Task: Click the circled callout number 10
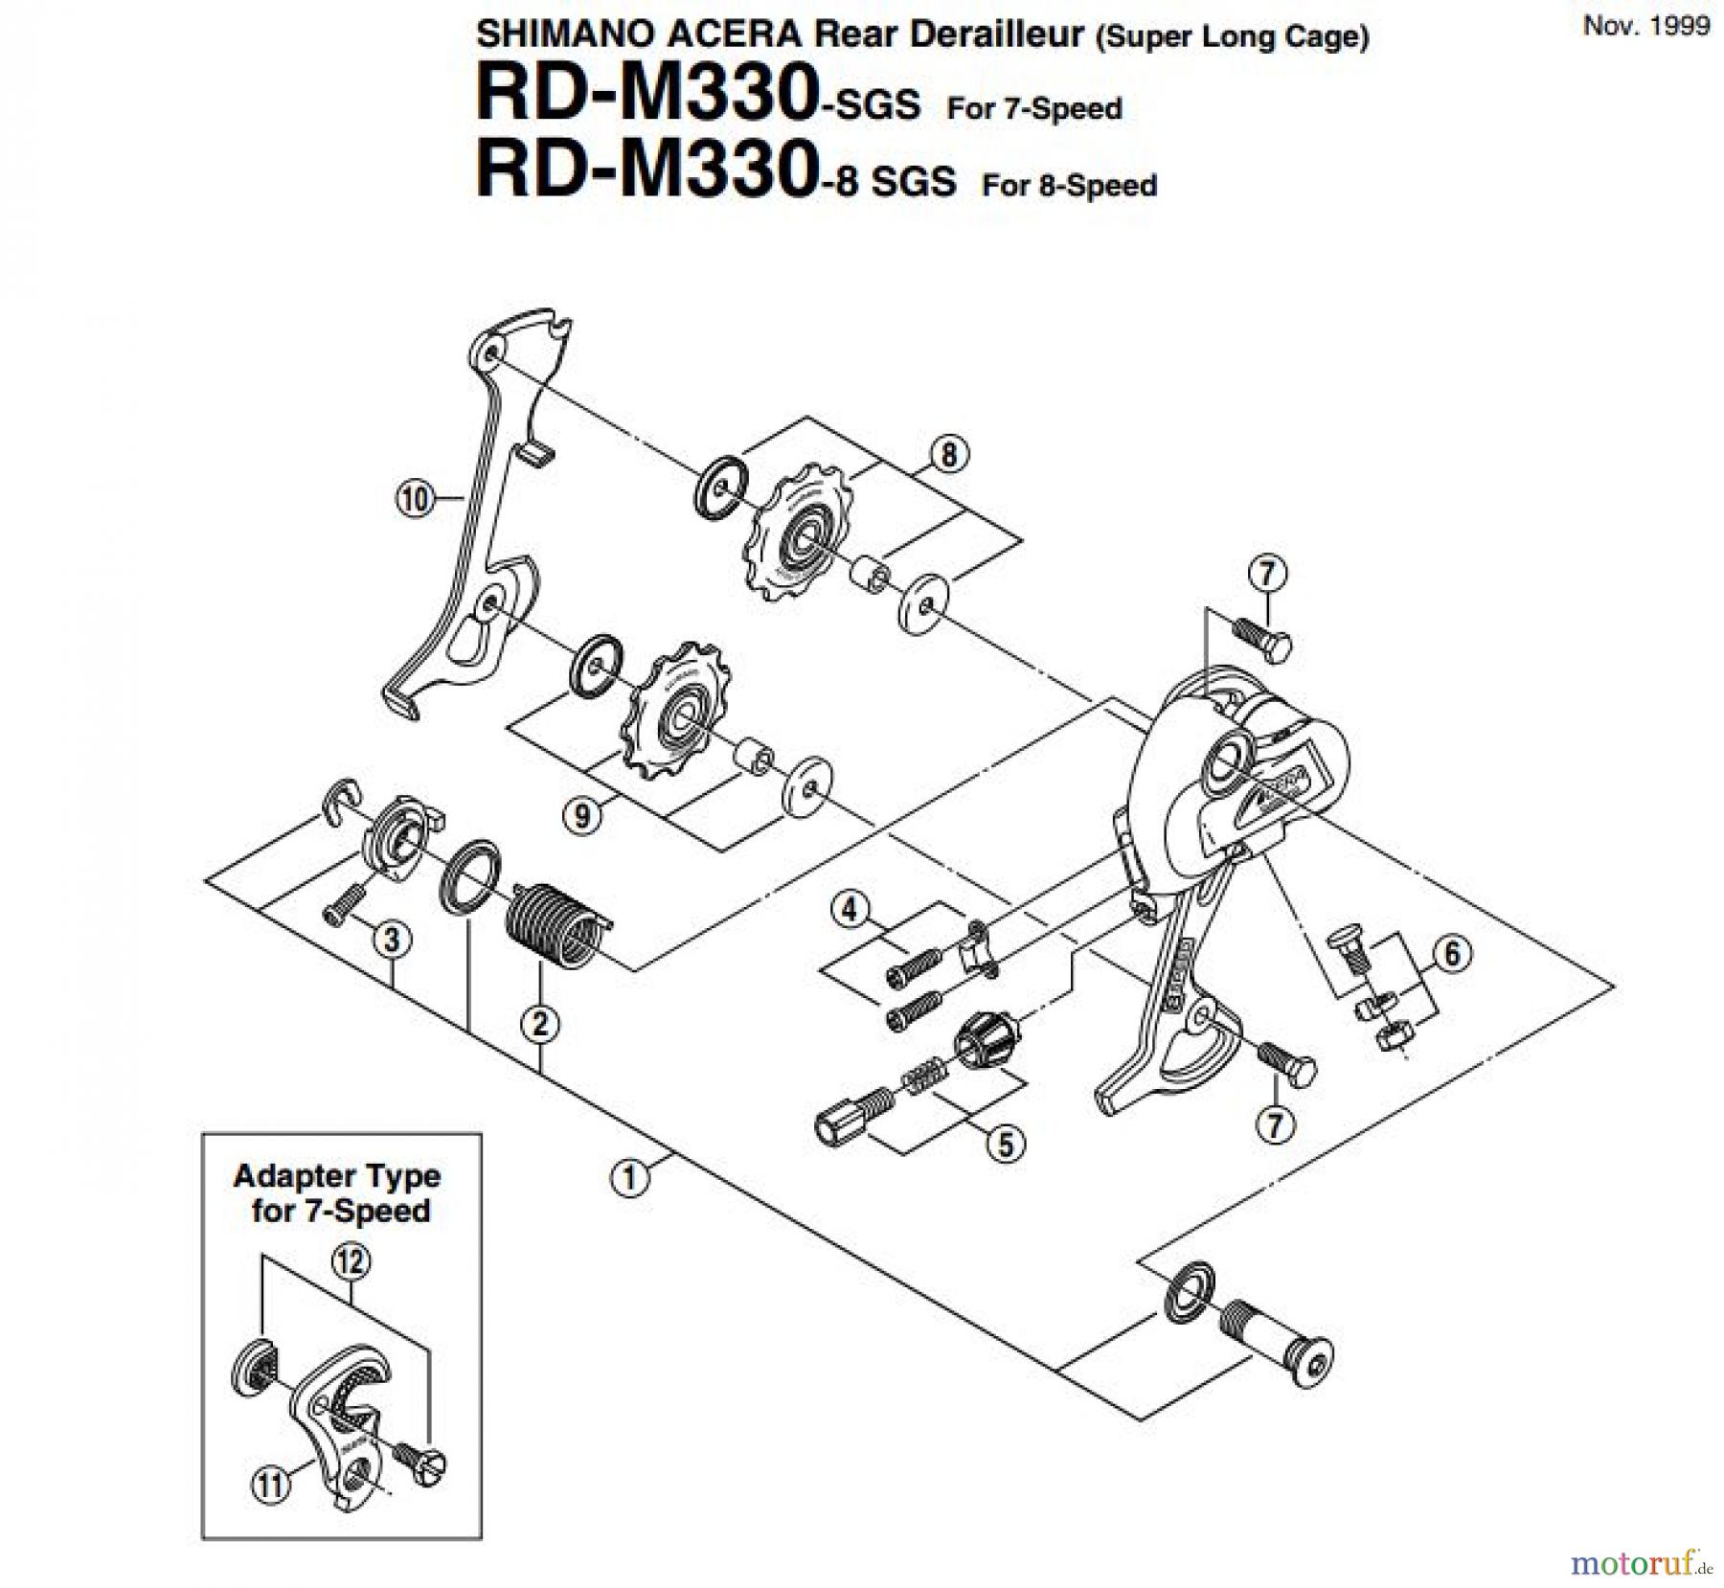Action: tap(415, 499)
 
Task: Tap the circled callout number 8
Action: tap(948, 455)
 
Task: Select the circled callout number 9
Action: tap(582, 815)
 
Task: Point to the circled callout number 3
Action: tap(392, 940)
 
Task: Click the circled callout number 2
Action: tap(540, 1025)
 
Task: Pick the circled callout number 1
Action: tap(628, 1177)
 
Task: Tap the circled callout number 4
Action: tap(849, 909)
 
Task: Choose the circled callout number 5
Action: tap(1006, 1144)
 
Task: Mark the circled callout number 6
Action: tap(1452, 954)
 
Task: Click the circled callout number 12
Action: tap(351, 1263)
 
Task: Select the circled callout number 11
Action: tap(270, 1486)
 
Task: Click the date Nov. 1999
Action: tap(1646, 26)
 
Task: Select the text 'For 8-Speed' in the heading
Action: tap(1069, 185)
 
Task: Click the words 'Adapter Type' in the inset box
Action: tap(337, 1176)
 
